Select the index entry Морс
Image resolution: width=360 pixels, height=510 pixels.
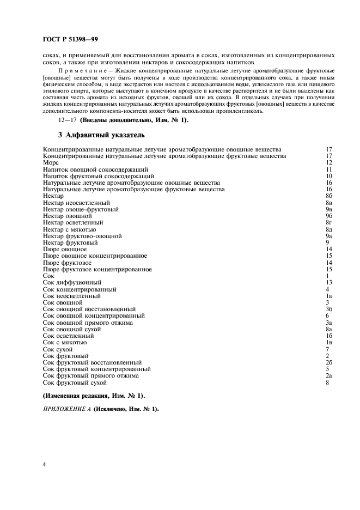[51, 162]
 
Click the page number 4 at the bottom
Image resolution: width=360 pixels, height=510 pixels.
[44, 464]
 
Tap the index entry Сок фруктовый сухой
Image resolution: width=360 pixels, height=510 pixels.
[75, 382]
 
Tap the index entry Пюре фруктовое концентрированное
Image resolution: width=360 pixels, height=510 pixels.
[97, 269]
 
